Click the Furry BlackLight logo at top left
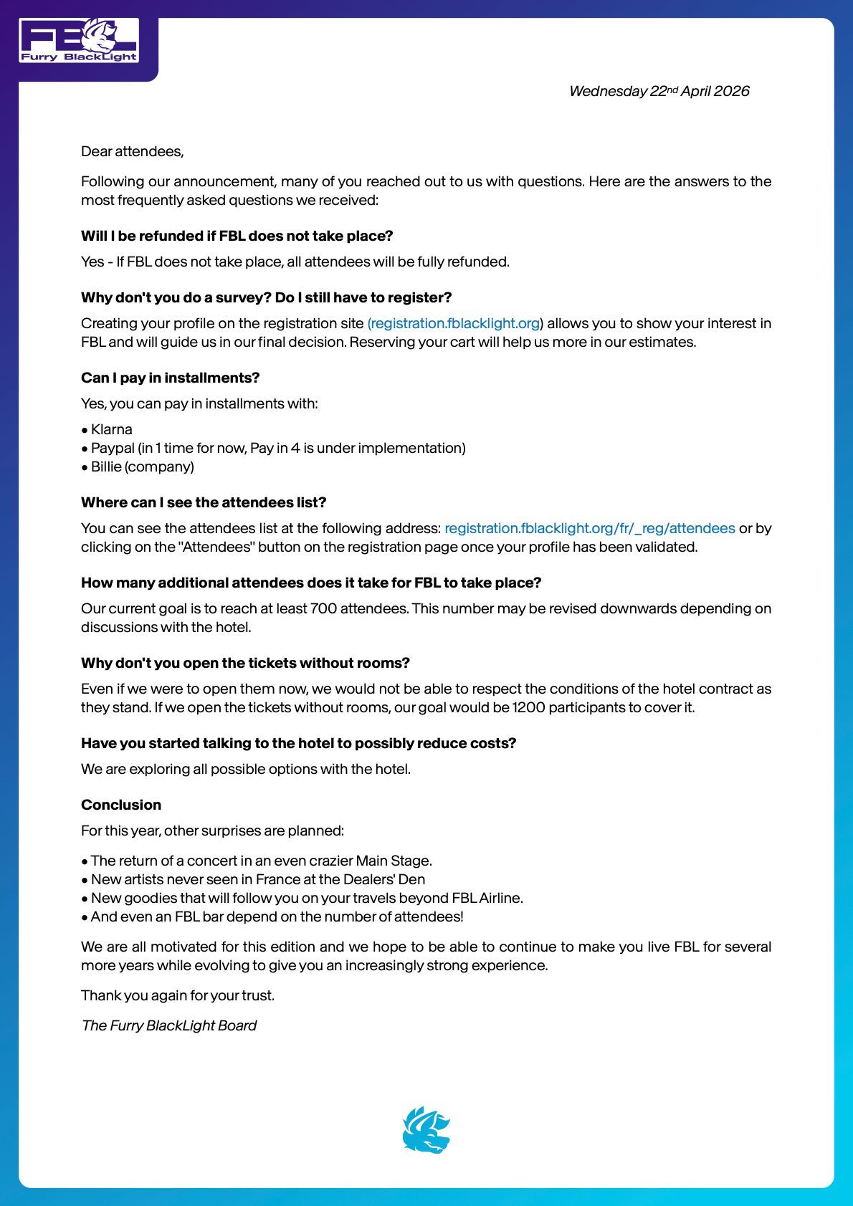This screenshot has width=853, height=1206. click(x=79, y=41)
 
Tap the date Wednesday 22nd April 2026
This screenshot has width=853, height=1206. click(x=659, y=91)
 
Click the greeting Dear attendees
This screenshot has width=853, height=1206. click(x=132, y=151)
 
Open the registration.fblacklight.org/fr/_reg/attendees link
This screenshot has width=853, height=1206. click(x=589, y=528)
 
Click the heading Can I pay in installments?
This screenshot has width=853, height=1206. click(x=170, y=378)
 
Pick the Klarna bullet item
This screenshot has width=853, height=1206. click(x=111, y=429)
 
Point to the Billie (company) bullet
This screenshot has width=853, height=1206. click(x=142, y=466)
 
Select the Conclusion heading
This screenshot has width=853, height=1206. click(x=121, y=805)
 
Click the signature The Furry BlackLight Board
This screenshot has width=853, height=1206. click(x=169, y=1025)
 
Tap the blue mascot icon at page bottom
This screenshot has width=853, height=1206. click(x=426, y=1130)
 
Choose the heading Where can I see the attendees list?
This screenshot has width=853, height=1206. click(x=204, y=502)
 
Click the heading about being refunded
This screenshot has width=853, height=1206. click(x=237, y=236)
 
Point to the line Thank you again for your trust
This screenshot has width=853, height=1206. click(x=178, y=995)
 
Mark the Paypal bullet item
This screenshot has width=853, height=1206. click(x=277, y=448)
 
